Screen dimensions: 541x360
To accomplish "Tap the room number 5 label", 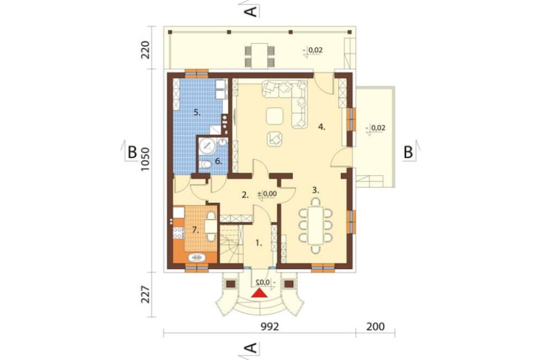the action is click(x=197, y=112).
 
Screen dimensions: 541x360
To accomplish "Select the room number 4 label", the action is click(x=321, y=127).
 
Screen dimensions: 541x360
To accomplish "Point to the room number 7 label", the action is click(x=196, y=230).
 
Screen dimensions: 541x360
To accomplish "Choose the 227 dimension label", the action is click(x=146, y=294).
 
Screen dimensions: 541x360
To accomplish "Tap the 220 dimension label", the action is click(x=146, y=50).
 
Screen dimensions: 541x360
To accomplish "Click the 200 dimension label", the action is click(x=375, y=326).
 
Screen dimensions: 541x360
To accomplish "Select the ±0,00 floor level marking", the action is click(x=267, y=194).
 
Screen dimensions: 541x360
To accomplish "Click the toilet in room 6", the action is click(x=205, y=164).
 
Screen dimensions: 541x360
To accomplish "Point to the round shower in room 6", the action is click(x=207, y=146).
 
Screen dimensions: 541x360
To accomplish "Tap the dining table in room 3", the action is click(x=316, y=225).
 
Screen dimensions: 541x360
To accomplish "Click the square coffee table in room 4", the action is click(x=275, y=116).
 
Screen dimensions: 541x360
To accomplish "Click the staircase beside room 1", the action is click(x=232, y=243).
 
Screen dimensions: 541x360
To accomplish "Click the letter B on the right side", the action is click(x=408, y=152).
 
